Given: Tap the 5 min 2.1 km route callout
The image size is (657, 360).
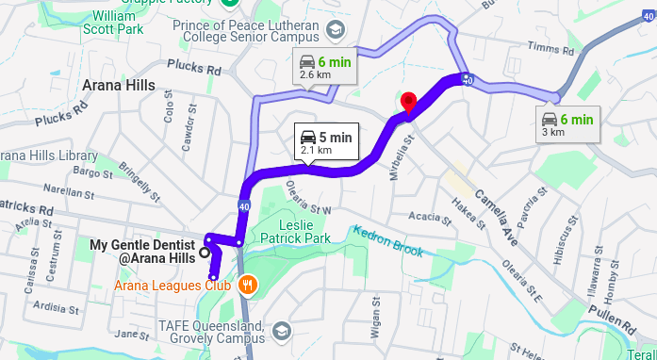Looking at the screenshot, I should point(323,141).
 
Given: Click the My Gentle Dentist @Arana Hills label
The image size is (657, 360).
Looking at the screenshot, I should point(142,252).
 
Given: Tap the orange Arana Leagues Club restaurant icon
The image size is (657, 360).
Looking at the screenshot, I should point(247,283).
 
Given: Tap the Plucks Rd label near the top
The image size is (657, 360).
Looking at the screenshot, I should point(192,68).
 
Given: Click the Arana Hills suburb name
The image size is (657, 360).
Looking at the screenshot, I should point(119,86).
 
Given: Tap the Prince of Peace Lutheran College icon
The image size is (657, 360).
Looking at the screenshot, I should point(334,30).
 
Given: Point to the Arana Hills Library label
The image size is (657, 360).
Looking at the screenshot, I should point(50,155).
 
